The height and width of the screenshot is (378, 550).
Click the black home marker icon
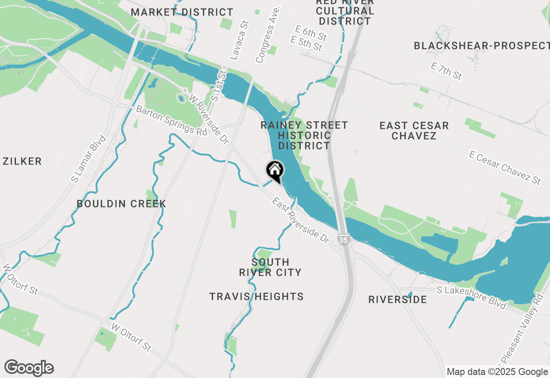275,171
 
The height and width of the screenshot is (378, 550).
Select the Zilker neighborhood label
22,162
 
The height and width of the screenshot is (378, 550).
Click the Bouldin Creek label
121,204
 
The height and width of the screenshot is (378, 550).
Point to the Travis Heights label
257,296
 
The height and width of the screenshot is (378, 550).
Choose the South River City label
270,267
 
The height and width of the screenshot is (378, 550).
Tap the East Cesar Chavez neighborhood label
414,131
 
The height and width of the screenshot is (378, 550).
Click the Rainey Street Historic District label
304,135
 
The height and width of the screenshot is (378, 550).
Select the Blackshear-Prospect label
481,46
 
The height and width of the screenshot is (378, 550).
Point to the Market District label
182,12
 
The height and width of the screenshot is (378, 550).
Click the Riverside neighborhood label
397,299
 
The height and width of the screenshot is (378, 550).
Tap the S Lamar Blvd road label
89,159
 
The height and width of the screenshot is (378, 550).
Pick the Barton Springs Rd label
172,121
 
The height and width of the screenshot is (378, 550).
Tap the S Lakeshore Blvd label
471,297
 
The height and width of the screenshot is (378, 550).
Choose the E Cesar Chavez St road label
505,168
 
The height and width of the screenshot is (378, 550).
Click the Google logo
29,368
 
